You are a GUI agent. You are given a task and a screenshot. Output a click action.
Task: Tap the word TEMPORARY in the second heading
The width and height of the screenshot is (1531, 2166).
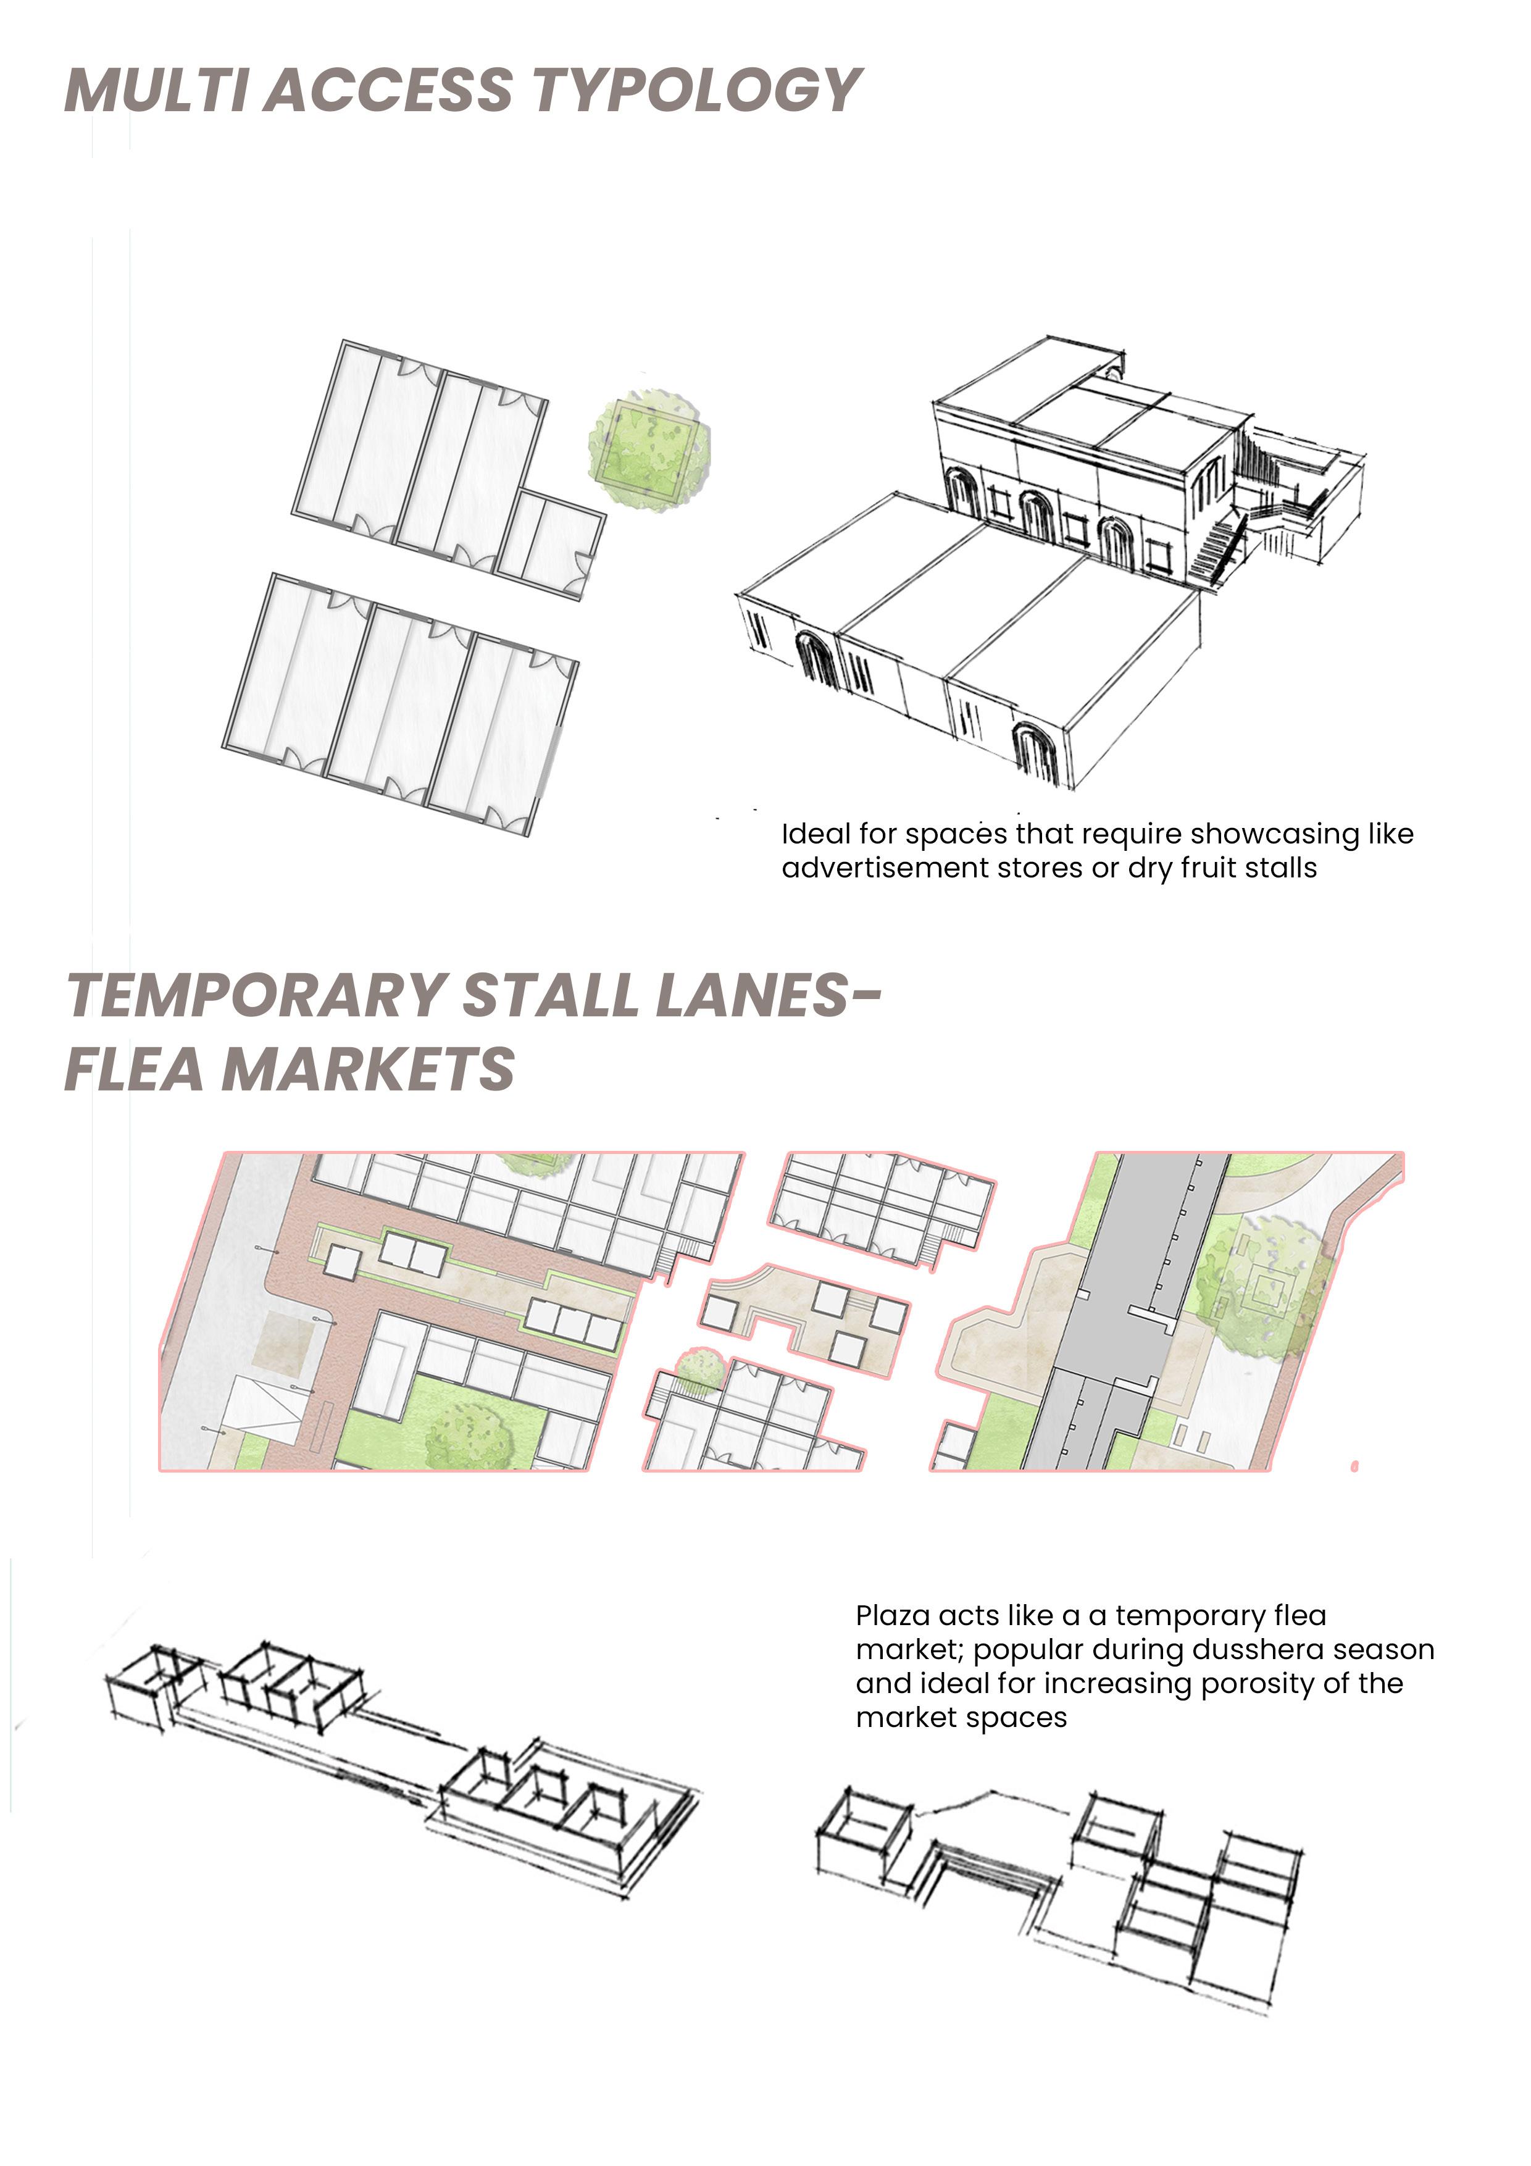tap(257, 995)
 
